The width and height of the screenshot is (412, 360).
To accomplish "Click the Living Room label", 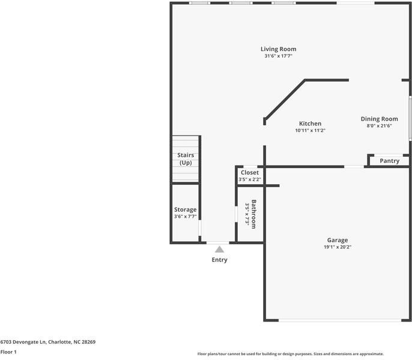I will [x=278, y=49].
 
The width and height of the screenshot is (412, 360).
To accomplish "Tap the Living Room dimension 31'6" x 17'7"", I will [x=278, y=56].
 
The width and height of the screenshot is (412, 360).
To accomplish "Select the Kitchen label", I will [x=310, y=124].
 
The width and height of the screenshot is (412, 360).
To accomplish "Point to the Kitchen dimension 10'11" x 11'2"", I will [x=310, y=131].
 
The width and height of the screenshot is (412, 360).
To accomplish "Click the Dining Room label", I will [x=379, y=119].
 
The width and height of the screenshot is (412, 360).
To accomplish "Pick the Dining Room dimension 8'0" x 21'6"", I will [x=379, y=126].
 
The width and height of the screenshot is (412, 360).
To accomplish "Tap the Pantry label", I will [x=389, y=161].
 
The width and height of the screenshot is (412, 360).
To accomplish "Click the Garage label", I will [x=337, y=240].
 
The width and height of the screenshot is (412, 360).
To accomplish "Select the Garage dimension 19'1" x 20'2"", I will [x=337, y=247].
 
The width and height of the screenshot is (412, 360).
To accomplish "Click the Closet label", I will [x=249, y=173].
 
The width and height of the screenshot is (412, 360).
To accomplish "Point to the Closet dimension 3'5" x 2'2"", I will [x=249, y=179].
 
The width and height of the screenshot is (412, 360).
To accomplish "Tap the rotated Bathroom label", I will [x=254, y=214].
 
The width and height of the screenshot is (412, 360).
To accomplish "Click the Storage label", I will [x=185, y=209].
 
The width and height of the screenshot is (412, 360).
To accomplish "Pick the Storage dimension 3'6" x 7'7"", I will [x=185, y=217].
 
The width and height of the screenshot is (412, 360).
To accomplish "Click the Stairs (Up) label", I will [x=185, y=159].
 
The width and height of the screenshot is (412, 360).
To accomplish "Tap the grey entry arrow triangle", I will [x=220, y=249].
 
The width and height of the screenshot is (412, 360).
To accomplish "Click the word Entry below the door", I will [x=219, y=260].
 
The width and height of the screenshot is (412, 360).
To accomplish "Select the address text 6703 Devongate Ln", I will [x=23, y=342].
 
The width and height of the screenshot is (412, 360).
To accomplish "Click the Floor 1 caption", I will [x=8, y=352].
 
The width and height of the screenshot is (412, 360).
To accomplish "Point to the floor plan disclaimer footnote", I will [x=290, y=354].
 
